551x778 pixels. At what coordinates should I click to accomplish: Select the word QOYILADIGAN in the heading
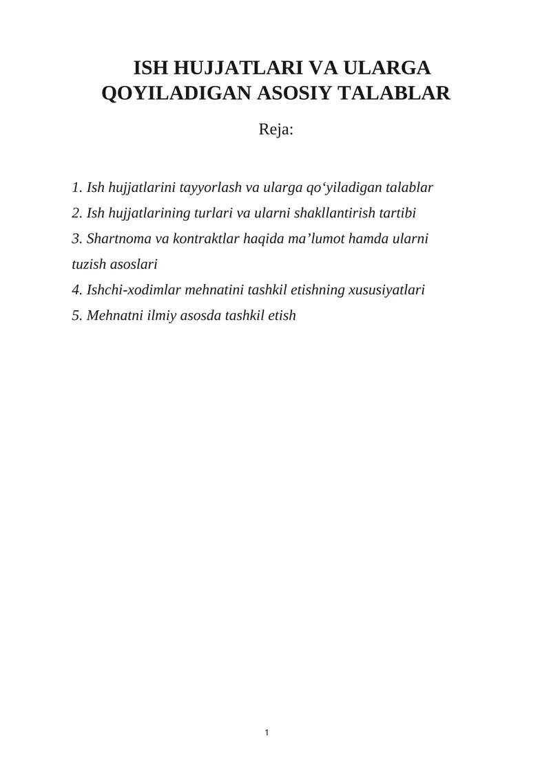click(x=176, y=93)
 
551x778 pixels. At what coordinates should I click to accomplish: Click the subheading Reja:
click(x=275, y=129)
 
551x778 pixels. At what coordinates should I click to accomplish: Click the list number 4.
click(x=76, y=290)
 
